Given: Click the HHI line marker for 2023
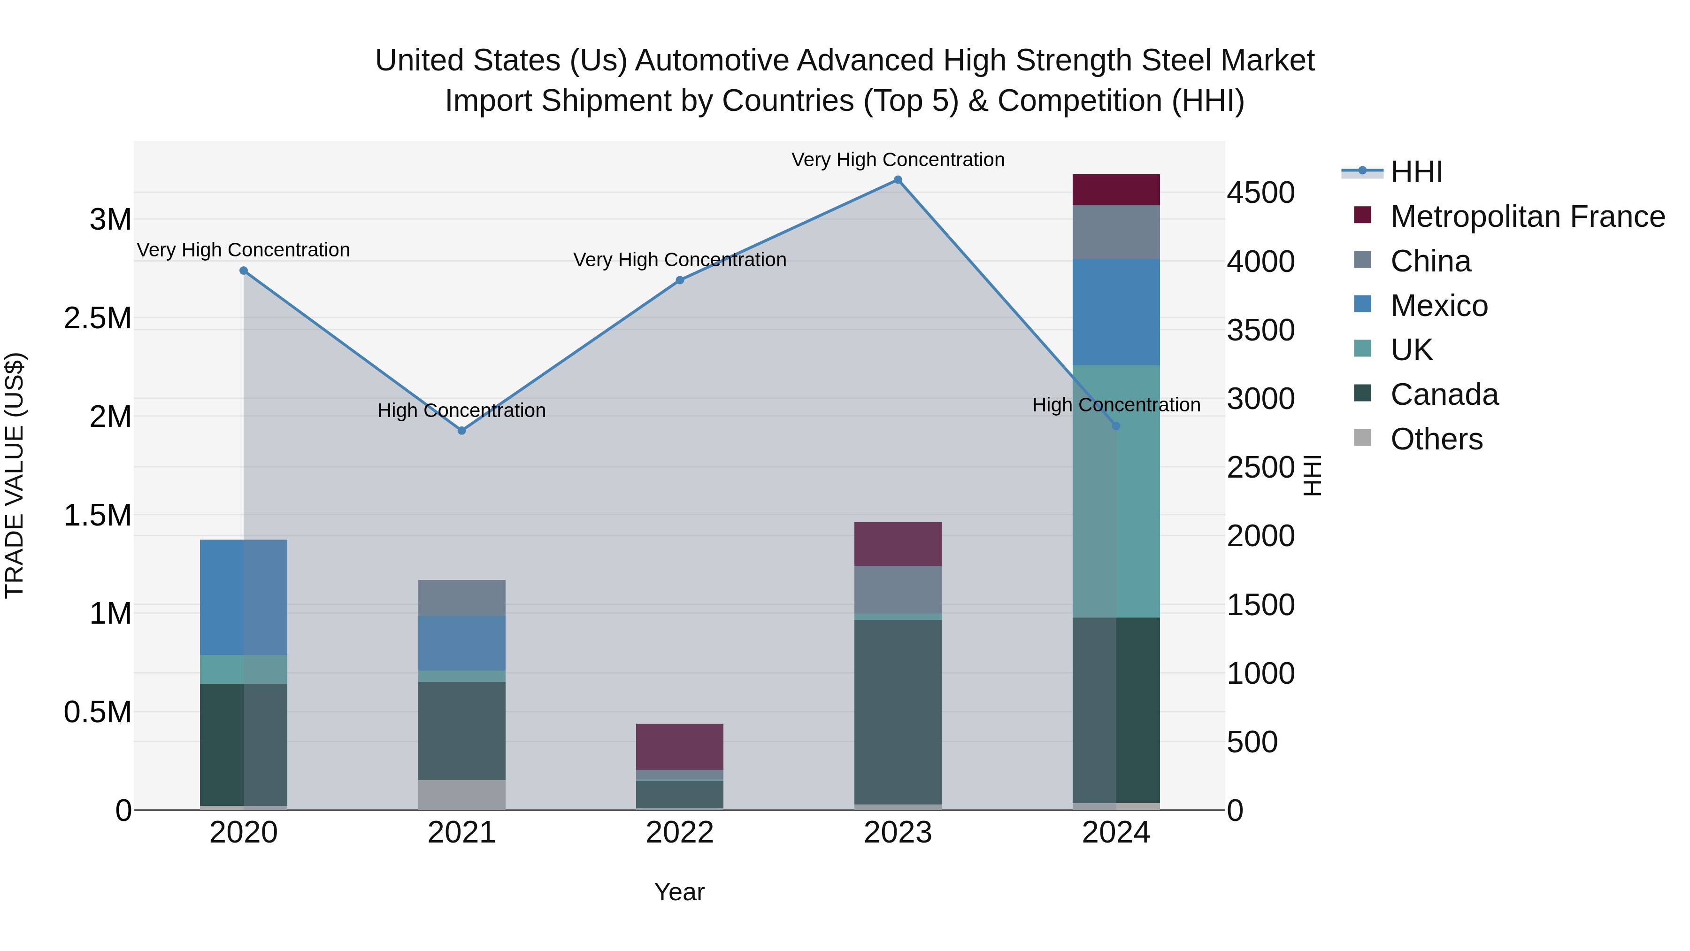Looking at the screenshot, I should point(898,180).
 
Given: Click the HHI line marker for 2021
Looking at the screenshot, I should point(462,431).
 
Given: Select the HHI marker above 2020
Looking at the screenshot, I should point(243,271).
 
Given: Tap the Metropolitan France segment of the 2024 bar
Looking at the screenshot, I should point(1116,190).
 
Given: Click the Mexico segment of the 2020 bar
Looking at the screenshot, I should point(243,597).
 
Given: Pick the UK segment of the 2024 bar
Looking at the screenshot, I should point(1116,491).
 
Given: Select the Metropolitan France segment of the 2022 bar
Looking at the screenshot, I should point(680,747).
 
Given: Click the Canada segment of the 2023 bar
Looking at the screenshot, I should point(898,712).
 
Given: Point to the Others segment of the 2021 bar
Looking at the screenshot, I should point(462,795).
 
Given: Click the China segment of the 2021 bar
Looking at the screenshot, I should point(462,598).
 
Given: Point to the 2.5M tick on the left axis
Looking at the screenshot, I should point(98,318).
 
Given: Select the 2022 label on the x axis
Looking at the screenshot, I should point(680,833).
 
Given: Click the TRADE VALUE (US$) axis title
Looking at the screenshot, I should point(15,475).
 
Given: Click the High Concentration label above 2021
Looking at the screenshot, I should point(462,411).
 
